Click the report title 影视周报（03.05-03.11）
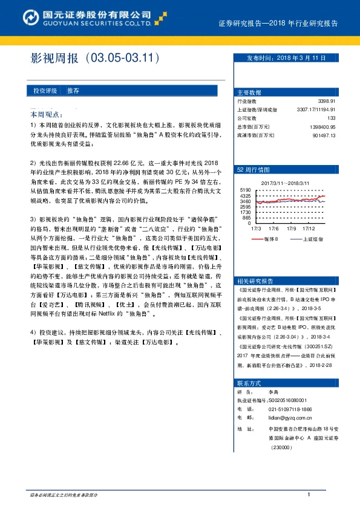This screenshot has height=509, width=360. pos(94,58)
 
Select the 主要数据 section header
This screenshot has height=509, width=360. pos(249,92)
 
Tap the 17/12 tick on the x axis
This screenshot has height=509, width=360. pos(309,229)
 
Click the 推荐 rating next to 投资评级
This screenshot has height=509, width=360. pos(73,90)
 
